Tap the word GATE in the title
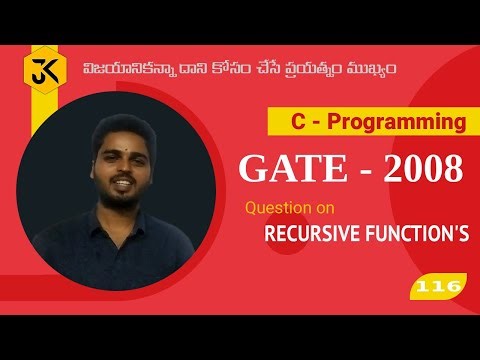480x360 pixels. pyautogui.click(x=282, y=169)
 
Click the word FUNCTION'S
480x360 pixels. pyautogui.click(x=412, y=235)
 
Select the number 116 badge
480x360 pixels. pyautogui.click(x=438, y=287)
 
